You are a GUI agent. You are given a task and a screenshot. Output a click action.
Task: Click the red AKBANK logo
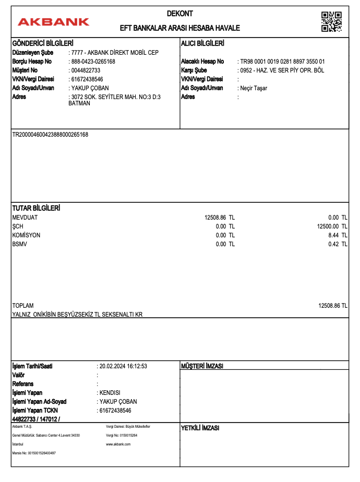click(53, 22)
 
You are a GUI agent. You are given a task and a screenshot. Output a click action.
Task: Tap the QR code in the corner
click(331, 21)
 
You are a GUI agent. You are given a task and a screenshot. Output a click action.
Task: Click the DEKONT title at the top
click(179, 14)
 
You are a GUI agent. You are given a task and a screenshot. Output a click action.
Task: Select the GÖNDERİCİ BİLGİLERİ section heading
click(42, 43)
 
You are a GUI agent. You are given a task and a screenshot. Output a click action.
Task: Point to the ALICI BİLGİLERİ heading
click(202, 43)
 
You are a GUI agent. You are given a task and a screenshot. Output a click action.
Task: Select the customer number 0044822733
click(86, 70)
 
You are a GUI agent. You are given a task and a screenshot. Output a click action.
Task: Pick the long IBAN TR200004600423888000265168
click(50, 135)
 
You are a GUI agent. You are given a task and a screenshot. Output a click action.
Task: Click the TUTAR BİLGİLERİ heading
click(36, 208)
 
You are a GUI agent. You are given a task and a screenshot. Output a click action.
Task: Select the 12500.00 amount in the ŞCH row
click(332, 226)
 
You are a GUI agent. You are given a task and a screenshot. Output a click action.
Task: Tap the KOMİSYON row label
click(26, 235)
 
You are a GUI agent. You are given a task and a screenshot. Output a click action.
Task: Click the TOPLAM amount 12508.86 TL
click(333, 306)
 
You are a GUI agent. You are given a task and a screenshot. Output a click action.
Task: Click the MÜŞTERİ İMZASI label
click(202, 367)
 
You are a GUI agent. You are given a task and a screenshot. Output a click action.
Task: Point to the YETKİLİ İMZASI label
click(200, 428)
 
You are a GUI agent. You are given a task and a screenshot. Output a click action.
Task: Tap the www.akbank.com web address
click(118, 444)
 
